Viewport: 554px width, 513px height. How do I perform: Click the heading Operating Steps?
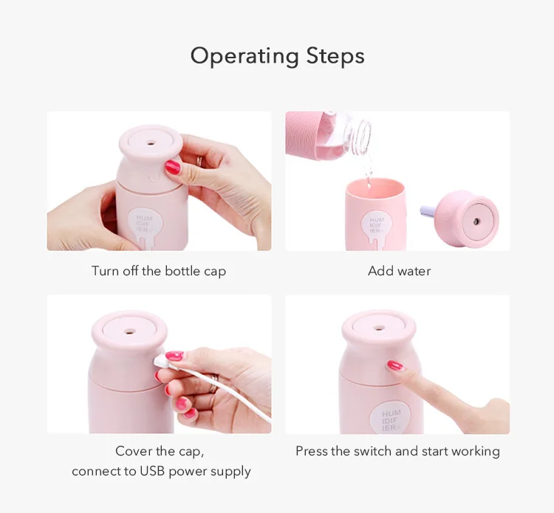pos(277,57)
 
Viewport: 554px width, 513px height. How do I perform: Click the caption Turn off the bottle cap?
pos(159,271)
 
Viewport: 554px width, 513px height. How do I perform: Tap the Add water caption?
pos(399,271)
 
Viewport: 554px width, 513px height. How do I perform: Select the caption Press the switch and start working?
pos(397,452)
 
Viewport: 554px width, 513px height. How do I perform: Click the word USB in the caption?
pos(152,471)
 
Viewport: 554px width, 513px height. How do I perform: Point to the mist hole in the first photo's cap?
pos(151,143)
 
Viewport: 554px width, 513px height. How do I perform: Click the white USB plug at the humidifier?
pos(161,360)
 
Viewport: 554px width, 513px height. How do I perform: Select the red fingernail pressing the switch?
pos(395,365)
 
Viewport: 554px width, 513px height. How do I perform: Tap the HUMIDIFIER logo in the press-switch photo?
pos(391,420)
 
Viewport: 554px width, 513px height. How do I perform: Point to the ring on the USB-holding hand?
pos(213,382)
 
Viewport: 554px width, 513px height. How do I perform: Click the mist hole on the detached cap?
pos(476,221)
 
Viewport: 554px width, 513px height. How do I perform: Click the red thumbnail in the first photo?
pos(173,167)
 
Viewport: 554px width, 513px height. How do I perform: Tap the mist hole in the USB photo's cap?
pos(130,331)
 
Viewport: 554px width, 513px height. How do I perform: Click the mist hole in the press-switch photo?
pos(379,328)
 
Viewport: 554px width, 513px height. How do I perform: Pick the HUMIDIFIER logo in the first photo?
pos(144,224)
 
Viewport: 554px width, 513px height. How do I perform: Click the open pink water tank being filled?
pos(375,213)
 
